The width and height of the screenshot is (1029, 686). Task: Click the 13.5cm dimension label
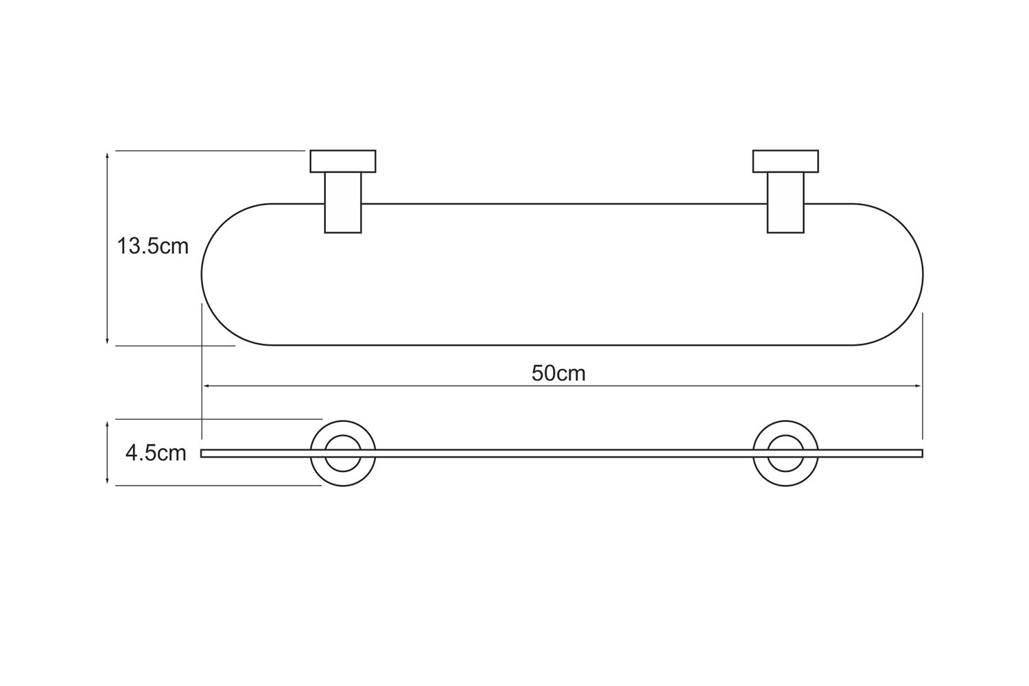coord(152,246)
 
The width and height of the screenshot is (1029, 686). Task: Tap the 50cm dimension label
coord(558,373)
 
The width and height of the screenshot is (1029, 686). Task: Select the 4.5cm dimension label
coord(156,453)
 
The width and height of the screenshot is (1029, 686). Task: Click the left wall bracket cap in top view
coord(343,161)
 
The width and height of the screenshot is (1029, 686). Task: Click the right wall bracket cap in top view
coord(785,161)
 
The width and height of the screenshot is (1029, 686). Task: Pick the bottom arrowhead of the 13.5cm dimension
coord(108,341)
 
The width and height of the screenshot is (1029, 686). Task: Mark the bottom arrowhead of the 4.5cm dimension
coord(108,482)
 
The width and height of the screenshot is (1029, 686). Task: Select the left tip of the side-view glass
coord(202,453)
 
